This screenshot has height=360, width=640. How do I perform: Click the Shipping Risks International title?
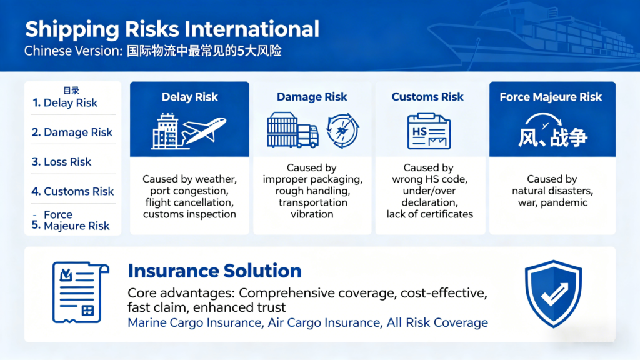[x=171, y=29]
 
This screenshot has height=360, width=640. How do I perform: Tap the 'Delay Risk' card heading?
[x=189, y=97]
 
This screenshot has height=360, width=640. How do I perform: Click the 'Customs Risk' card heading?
[x=427, y=97]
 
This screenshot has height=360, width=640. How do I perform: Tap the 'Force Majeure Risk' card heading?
[x=551, y=97]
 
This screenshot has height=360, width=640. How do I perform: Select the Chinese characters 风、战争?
[x=552, y=137]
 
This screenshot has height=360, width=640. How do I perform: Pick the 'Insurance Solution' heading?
[x=214, y=271]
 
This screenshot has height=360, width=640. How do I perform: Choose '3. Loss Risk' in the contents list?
[x=61, y=162]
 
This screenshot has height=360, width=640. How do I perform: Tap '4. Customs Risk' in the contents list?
[x=72, y=191]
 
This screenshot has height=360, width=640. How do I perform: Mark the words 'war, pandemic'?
[x=552, y=202]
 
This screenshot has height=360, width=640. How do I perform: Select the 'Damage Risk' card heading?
[x=312, y=97]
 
